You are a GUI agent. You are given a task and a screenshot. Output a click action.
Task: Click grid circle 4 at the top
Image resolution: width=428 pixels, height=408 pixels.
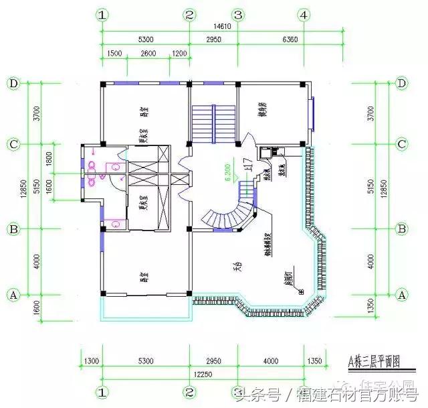[304, 15]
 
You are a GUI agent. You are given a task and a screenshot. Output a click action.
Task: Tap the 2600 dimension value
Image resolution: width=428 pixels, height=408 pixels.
[148, 54]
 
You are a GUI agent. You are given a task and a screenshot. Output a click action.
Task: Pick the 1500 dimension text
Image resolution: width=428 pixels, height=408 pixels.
[114, 54]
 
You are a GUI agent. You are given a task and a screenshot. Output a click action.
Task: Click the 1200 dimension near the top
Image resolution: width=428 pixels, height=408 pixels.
[179, 54]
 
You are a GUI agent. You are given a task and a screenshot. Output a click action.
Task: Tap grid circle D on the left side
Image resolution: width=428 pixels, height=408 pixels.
[13, 83]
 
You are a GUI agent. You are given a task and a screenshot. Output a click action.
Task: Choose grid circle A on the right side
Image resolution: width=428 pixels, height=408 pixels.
[402, 294]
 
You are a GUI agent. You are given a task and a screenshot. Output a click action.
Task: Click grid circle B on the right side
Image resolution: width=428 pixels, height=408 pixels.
[402, 229]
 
